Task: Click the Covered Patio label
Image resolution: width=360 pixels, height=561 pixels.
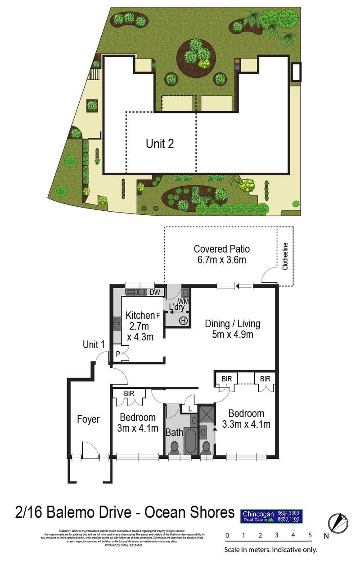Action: [x=221, y=249]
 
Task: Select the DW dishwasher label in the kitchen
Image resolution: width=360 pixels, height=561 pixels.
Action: [x=155, y=292]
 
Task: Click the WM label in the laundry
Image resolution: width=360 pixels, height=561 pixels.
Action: [x=183, y=300]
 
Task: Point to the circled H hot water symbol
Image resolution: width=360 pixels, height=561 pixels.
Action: [x=184, y=321]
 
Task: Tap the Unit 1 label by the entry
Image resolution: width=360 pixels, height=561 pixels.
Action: [x=94, y=344]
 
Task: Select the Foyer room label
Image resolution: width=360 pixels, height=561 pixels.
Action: [x=88, y=419]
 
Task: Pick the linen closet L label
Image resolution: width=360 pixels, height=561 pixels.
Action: [x=190, y=408]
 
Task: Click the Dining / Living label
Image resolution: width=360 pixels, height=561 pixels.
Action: [x=232, y=324]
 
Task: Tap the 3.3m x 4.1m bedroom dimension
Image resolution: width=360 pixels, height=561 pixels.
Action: [x=246, y=424]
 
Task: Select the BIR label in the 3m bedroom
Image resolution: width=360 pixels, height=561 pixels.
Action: [x=129, y=394]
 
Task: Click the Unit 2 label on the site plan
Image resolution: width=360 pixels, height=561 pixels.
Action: [x=160, y=144]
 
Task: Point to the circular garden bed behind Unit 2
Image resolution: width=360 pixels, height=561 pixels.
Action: [x=195, y=54]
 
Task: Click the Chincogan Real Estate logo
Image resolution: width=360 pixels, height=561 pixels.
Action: [x=272, y=516]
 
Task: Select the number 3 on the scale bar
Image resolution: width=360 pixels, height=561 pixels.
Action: [x=277, y=535]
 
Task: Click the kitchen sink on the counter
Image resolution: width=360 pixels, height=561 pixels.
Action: [x=136, y=292]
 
